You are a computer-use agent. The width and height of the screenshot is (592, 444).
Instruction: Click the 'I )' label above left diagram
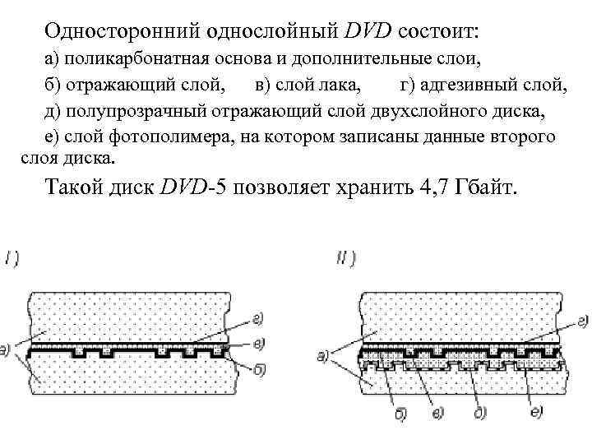pos(12,257)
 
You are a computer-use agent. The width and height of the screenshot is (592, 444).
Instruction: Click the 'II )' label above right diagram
pos(345,257)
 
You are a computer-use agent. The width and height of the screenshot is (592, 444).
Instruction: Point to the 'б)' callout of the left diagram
pos(257,371)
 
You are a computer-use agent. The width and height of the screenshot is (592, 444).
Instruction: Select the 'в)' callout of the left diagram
pos(258,342)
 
